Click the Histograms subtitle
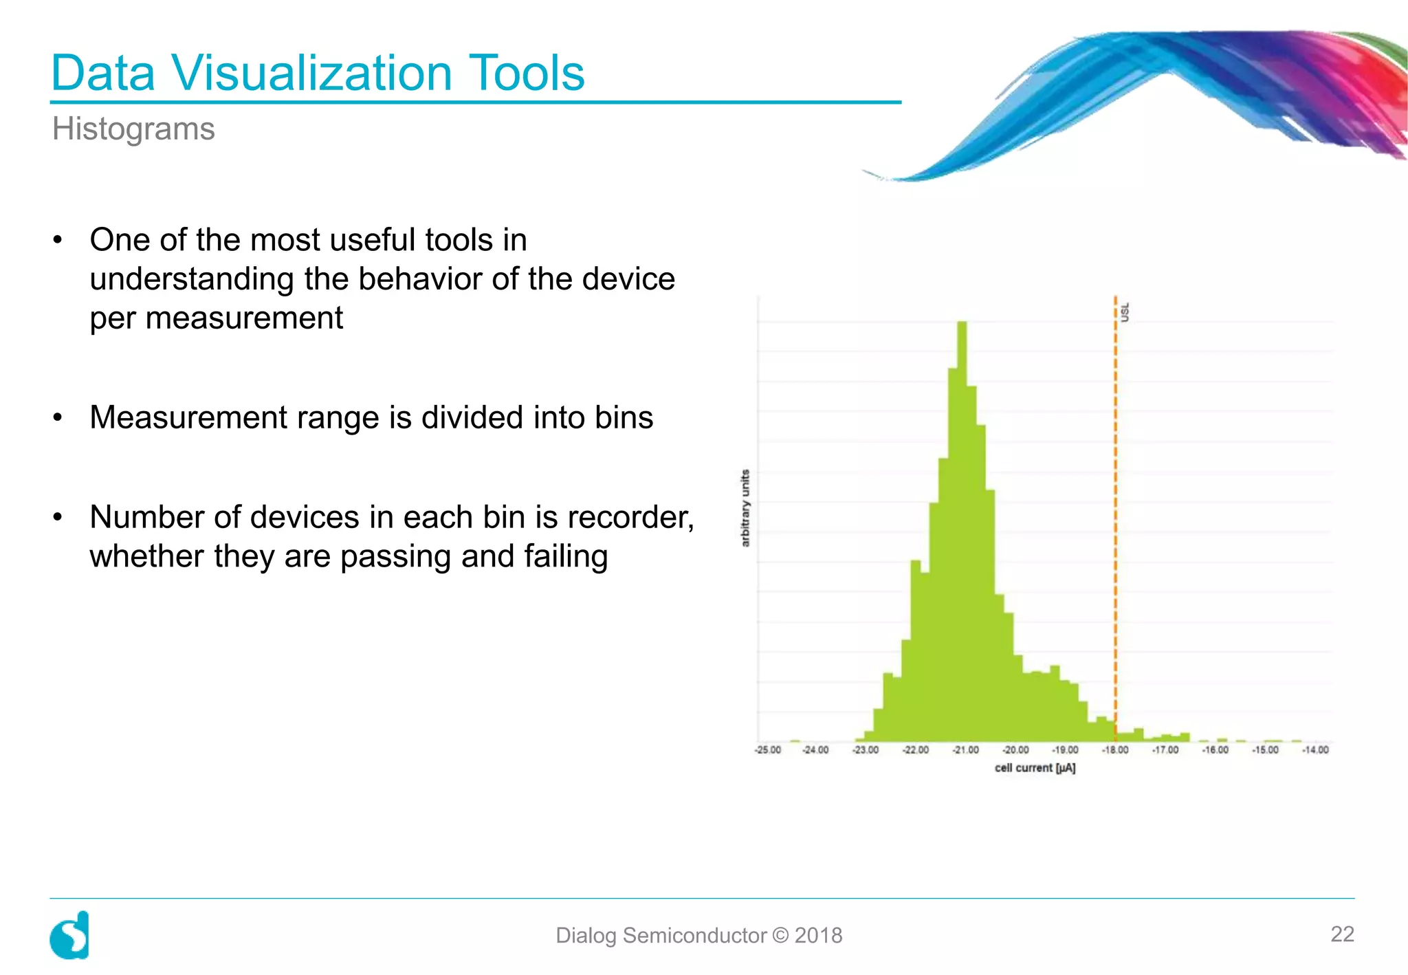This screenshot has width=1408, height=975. tap(133, 129)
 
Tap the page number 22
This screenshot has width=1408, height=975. tap(1342, 934)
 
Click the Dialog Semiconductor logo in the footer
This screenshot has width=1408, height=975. tap(70, 935)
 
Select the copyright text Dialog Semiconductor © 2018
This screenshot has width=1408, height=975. tap(698, 935)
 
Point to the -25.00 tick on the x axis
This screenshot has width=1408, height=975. tap(768, 750)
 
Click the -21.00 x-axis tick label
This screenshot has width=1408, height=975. tap(965, 750)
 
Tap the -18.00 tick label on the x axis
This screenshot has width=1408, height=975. tap(1115, 750)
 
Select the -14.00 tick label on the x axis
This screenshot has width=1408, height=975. tap(1315, 750)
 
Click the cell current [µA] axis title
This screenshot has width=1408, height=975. tap(1035, 768)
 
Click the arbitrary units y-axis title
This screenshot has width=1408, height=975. tap(745, 508)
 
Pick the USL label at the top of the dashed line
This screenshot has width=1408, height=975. tap(1125, 311)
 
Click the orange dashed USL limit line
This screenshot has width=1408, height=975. tap(1115, 516)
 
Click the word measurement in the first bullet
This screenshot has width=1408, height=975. tap(244, 318)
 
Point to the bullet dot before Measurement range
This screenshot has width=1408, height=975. tap(58, 417)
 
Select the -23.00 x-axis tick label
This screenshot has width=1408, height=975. tap(866, 750)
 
